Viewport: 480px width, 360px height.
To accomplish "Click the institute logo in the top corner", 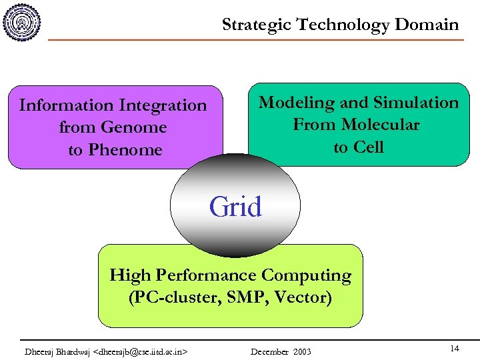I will tap(22, 22).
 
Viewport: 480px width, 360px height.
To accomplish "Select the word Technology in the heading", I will tap(343, 25).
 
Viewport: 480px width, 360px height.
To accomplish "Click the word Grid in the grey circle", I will tap(235, 207).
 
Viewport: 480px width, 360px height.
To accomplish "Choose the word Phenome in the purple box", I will tap(125, 150).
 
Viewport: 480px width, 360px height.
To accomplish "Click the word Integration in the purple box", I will tap(163, 105).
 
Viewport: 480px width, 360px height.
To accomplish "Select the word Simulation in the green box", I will tap(417, 103).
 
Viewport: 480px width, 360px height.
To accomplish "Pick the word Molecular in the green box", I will tap(381, 125).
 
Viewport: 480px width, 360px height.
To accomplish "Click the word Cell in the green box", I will tap(369, 147).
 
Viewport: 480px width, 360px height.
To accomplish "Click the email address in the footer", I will tap(141, 351).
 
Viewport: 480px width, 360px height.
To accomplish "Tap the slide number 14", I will tap(454, 349).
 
